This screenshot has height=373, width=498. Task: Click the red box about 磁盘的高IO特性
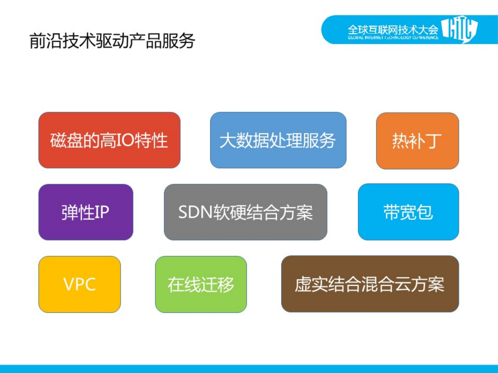click(109, 140)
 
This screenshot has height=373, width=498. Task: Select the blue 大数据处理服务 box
click(278, 140)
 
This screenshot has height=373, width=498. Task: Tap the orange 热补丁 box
click(417, 141)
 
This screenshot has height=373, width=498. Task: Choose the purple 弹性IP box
click(86, 212)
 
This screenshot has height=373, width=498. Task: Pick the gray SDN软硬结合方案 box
click(245, 212)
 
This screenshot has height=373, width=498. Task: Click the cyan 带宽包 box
click(408, 212)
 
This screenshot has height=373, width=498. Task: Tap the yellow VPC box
click(79, 284)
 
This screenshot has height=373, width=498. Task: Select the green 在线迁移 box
click(201, 284)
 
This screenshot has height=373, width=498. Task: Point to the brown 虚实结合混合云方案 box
click(370, 284)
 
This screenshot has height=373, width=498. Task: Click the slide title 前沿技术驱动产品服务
click(112, 41)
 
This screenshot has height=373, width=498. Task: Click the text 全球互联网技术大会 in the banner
click(393, 30)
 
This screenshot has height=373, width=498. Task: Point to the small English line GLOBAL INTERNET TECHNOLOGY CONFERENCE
click(393, 38)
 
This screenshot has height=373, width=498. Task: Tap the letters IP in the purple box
click(101, 212)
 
